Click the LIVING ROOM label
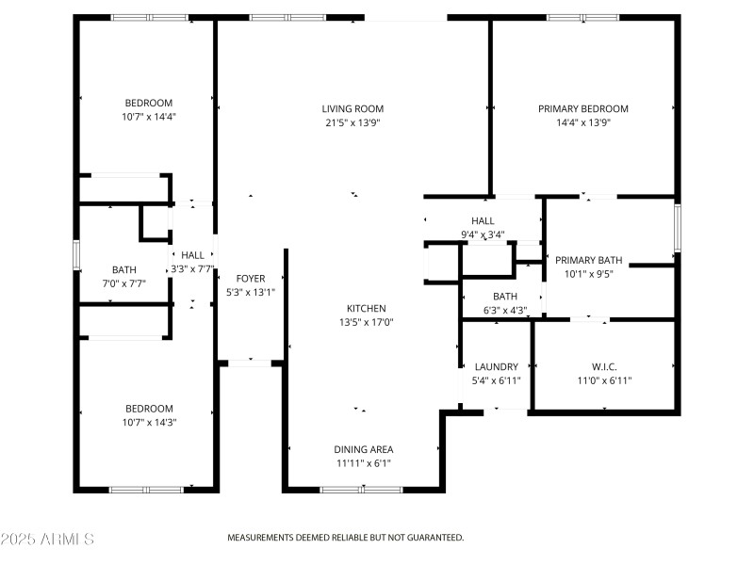click(353, 109)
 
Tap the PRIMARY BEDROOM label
click(582, 109)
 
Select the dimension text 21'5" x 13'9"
click(353, 122)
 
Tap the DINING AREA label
click(363, 450)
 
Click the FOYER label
click(251, 279)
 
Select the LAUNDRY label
click(497, 367)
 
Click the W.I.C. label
click(603, 367)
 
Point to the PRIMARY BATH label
click(589, 261)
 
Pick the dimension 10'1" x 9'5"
click(589, 274)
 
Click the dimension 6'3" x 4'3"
click(498, 310)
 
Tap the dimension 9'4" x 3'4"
click(483, 234)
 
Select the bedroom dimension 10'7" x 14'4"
click(149, 117)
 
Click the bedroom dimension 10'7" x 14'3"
click(149, 422)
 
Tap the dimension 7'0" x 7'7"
click(123, 282)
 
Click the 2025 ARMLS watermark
click(47, 540)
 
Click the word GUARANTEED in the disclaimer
click(433, 538)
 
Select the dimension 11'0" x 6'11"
click(603, 380)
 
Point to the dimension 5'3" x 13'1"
click(251, 292)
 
